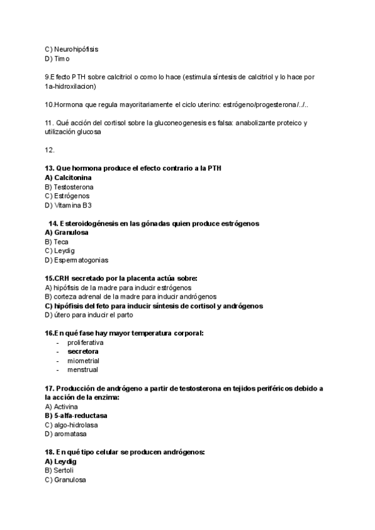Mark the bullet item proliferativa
click(86, 342)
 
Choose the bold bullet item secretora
click(82, 351)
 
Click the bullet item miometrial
click(83, 361)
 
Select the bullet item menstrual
click(82, 370)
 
